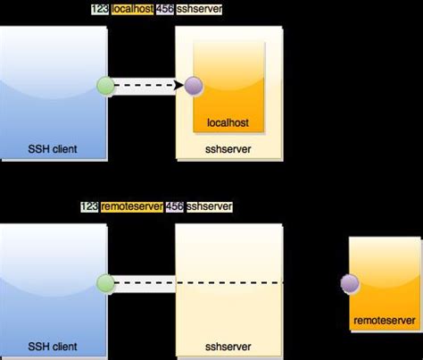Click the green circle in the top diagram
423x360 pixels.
coord(106,87)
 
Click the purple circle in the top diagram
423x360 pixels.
coord(194,87)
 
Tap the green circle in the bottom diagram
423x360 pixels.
coord(106,284)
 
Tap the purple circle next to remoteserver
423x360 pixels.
coord(349,284)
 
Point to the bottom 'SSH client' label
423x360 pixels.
coord(54,346)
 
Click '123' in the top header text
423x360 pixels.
coord(100,9)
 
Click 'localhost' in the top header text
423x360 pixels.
coord(133,9)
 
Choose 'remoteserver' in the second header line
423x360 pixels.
coord(132,206)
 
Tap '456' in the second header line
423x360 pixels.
coord(175,206)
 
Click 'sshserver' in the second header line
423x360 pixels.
coord(210,206)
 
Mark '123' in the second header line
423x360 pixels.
coord(89,206)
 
